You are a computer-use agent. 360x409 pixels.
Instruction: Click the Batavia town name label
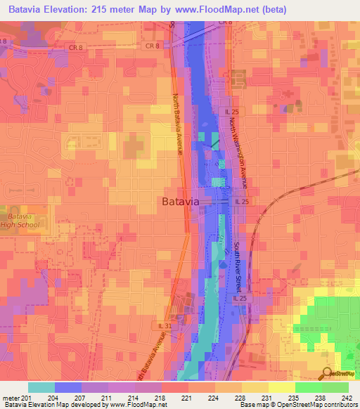181,202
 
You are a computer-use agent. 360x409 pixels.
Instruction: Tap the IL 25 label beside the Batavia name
242,202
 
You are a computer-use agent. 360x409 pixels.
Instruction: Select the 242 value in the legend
348,398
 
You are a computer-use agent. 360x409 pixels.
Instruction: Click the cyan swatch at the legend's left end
41,387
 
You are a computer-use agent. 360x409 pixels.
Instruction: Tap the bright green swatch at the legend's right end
335,387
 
